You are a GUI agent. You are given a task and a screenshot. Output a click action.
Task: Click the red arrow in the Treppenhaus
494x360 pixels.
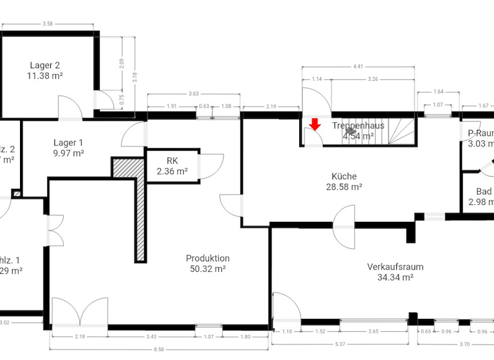pos(315,124)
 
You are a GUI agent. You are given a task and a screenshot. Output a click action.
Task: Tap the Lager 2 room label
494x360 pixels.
pos(45,65)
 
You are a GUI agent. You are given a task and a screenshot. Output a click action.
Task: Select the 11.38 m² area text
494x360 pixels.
pos(45,75)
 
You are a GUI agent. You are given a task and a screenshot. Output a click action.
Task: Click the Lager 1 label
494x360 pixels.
pos(69,143)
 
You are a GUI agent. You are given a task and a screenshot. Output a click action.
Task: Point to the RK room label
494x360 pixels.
pos(172,161)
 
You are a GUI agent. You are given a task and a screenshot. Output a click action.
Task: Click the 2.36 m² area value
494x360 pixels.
pos(172,172)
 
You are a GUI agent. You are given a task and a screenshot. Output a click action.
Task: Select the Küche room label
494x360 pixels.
pos(344,176)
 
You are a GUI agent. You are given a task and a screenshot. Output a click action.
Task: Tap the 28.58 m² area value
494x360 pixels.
pos(344,187)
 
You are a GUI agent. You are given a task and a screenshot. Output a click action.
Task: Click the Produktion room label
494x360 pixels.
pos(207,258)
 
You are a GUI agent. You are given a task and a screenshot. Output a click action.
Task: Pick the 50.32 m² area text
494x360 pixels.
pos(207,269)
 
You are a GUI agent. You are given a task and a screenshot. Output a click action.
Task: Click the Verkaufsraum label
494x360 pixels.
pos(395,267)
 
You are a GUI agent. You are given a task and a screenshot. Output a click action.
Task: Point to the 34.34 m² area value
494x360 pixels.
pos(395,278)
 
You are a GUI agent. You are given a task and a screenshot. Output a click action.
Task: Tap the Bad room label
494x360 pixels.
pos(484,192)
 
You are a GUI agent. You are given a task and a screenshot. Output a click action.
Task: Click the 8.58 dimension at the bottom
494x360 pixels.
pos(158,348)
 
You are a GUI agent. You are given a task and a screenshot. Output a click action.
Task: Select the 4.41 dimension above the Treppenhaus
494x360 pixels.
pos(358,66)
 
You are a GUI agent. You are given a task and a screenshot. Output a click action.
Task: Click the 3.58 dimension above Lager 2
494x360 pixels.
pos(47,24)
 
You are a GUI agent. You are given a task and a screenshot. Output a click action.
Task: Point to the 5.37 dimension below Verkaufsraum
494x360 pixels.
pos(341,343)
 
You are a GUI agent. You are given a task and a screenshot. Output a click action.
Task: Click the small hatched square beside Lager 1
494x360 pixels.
pos(17,193)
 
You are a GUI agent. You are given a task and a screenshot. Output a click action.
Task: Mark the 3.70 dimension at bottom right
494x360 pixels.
pos(464,343)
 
